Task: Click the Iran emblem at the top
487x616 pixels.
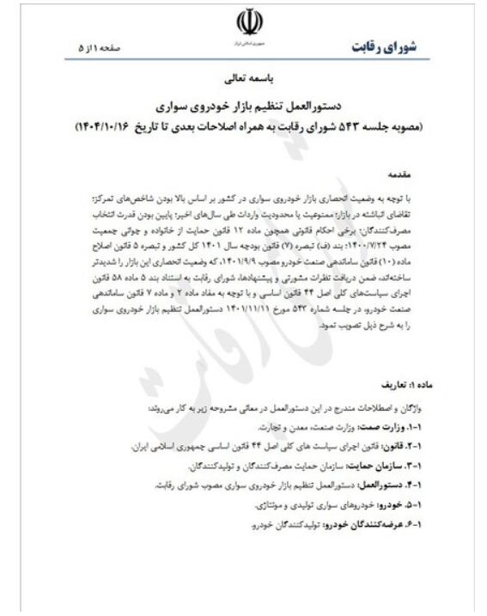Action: coord(244,21)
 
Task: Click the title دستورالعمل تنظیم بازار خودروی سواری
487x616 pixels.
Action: coord(244,109)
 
